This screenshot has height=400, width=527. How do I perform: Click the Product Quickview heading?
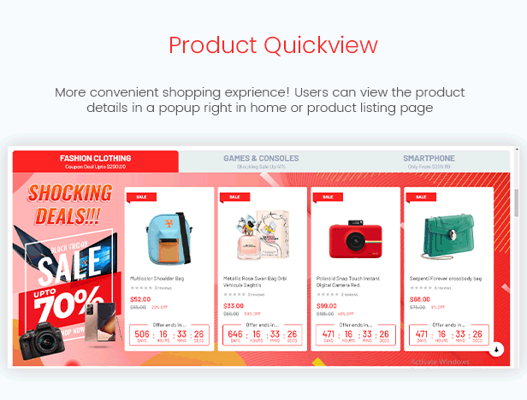(263, 45)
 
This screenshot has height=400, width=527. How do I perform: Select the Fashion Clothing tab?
(95, 162)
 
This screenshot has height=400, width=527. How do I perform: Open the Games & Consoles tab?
(261, 162)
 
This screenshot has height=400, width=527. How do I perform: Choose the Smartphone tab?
(429, 162)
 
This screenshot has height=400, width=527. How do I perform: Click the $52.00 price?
(140, 299)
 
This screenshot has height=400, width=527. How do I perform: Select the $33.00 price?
(234, 305)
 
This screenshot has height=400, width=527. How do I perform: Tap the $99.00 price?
(326, 305)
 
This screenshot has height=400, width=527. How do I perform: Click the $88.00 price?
(419, 299)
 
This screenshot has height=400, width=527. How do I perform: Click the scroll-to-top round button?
(497, 349)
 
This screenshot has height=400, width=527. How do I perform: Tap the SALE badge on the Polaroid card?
(326, 197)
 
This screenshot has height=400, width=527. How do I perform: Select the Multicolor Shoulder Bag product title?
(157, 279)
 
